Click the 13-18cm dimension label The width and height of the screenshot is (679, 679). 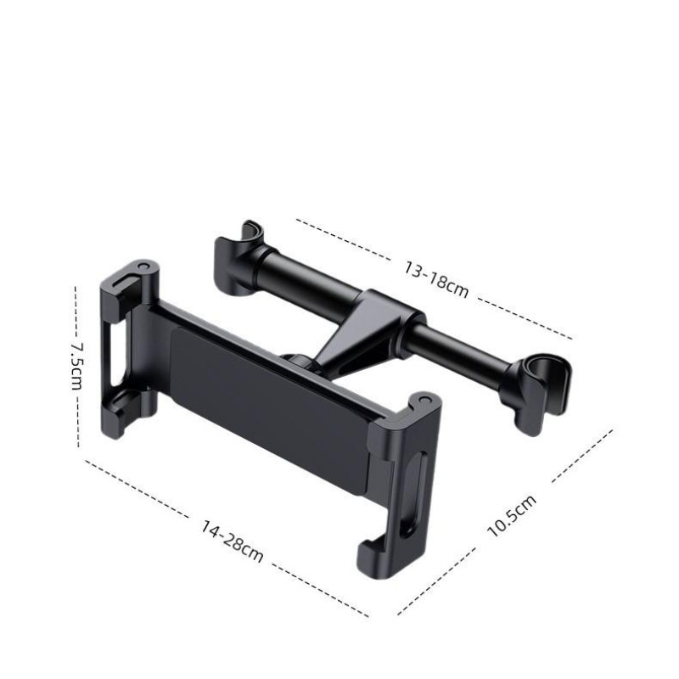point(436,280)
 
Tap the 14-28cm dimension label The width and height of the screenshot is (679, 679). point(232,542)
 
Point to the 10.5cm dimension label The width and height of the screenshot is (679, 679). point(512,516)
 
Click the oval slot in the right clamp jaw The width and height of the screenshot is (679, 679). point(414,494)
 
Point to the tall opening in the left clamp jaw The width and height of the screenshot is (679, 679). point(115,355)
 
